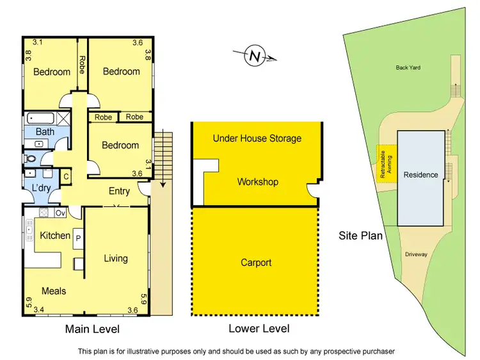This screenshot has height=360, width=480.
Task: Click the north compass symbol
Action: click(255, 57)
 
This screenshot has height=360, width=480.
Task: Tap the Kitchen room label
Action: click(55, 236)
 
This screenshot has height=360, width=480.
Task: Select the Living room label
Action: click(116, 259)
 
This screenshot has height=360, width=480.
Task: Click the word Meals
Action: click(54, 291)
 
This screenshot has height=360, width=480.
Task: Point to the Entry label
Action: click(119, 191)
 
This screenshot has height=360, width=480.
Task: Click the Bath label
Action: click(44, 132)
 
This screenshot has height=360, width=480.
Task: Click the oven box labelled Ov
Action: click(61, 213)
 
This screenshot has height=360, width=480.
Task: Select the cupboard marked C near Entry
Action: click(66, 176)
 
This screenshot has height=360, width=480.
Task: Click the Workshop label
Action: click(257, 182)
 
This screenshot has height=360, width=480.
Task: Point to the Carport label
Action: click(256, 263)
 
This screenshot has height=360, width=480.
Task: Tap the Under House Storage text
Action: click(257, 138)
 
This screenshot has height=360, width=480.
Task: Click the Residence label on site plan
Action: click(420, 175)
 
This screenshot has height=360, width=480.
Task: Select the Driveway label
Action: click(416, 254)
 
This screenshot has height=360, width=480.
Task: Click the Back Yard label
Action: click(408, 67)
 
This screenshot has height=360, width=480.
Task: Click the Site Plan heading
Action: click(360, 236)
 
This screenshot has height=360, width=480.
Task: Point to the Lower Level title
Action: click(259, 329)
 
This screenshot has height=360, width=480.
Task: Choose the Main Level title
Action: click(92, 329)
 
